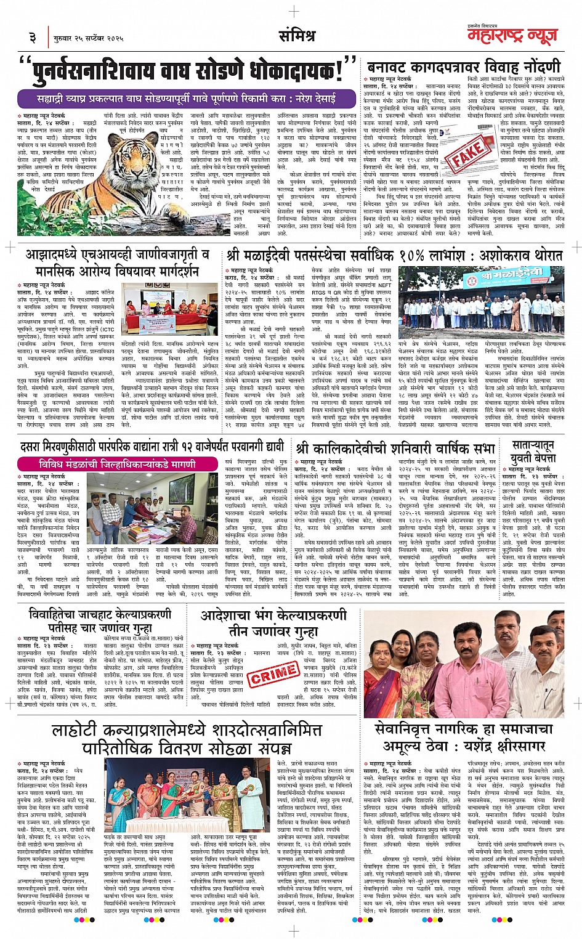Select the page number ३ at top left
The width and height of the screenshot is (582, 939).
[33, 38]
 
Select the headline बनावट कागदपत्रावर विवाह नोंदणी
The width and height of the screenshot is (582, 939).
[463, 67]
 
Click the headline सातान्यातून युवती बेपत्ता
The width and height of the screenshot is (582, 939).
[533, 451]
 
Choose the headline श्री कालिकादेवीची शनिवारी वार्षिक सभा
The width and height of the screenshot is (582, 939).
[395, 449]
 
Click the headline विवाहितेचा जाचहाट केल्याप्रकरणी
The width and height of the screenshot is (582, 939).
[100, 620]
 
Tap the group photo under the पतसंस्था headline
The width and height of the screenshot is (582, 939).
[481, 298]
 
